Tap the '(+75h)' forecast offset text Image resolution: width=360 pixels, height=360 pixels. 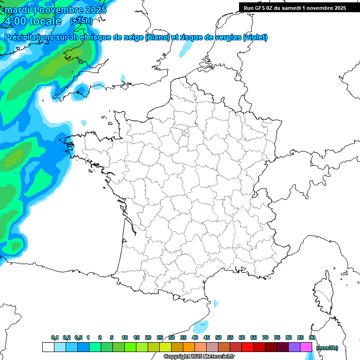81,21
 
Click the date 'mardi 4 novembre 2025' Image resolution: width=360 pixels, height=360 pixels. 55,9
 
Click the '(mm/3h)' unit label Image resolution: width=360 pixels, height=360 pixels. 327,347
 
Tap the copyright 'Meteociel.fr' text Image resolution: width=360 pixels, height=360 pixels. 218,357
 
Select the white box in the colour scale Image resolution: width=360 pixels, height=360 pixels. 48,347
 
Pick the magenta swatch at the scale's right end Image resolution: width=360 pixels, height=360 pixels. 307,347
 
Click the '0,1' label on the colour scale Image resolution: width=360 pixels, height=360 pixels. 55,337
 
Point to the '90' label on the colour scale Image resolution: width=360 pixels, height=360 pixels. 312,337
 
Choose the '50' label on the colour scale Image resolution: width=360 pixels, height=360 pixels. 218,337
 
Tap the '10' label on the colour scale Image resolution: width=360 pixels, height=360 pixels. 125,337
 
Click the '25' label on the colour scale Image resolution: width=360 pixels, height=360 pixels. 160,337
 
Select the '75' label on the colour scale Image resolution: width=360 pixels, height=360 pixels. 277,337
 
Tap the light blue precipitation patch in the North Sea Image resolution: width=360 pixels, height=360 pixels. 186,48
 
